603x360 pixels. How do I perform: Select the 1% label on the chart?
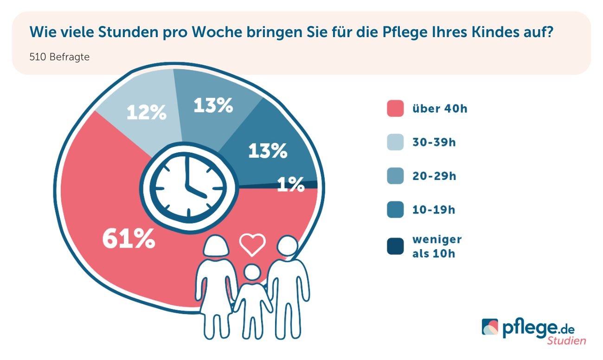(x=291, y=185)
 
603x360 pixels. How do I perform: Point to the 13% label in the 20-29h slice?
(x=213, y=105)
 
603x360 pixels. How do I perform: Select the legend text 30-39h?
(x=434, y=142)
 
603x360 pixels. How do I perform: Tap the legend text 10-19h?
(x=434, y=210)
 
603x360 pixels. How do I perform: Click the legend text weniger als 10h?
(x=436, y=246)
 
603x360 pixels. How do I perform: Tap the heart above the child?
(x=252, y=244)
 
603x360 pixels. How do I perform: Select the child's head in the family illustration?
(x=252, y=272)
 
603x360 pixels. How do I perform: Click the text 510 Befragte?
(x=59, y=58)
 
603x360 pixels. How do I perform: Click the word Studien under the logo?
(x=566, y=341)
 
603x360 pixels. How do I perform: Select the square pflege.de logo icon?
(x=490, y=327)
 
